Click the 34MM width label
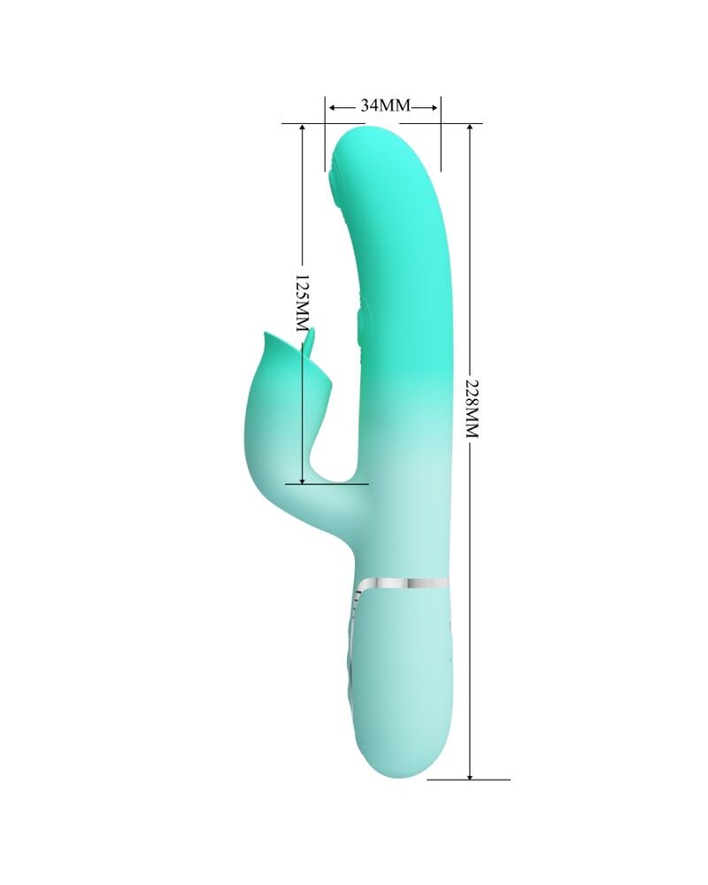[x=384, y=105]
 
